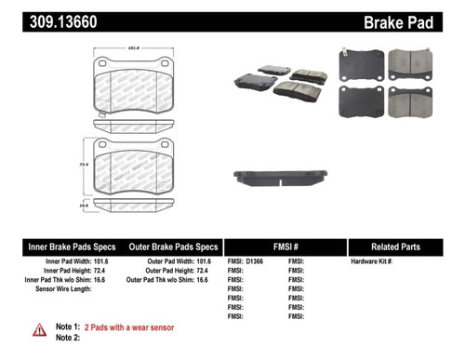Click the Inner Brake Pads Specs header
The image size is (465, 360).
pos(70,247)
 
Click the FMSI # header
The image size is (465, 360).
pos(284,247)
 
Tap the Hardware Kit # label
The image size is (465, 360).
pos(372,263)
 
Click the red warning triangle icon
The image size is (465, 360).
pos(39,329)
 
